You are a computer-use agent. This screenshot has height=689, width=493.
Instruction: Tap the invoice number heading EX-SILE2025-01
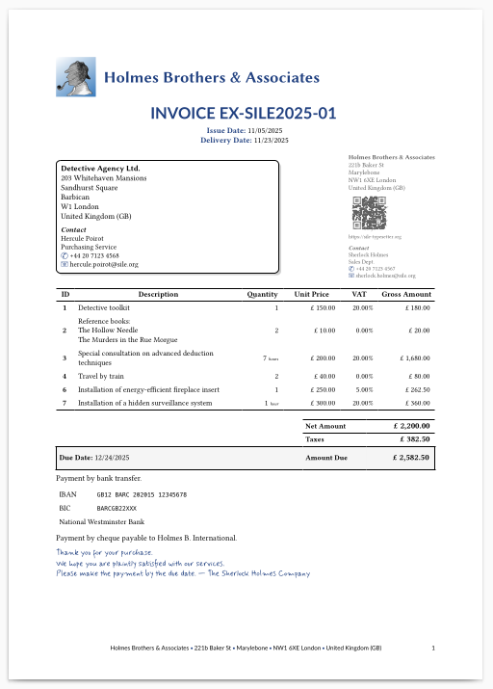tap(244, 114)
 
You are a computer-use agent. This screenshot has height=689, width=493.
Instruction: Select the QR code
tap(369, 211)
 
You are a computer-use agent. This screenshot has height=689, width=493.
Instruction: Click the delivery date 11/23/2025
tap(271, 141)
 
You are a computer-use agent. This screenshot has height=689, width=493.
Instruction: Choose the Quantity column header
tap(262, 294)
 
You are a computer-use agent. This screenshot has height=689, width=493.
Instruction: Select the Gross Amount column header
tap(406, 294)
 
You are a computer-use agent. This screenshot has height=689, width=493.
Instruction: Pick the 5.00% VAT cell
tap(362, 389)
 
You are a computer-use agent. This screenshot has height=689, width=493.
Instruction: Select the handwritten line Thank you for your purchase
tap(104, 553)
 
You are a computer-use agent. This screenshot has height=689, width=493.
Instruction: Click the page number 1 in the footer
tap(433, 648)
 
